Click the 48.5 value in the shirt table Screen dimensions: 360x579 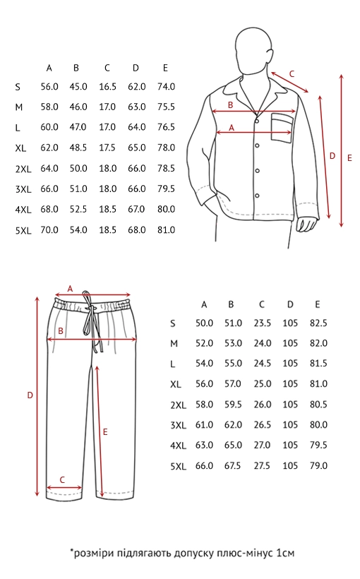(x=78, y=148)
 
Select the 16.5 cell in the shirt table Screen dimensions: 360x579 (x=107, y=86)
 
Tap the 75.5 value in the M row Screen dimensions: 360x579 (x=166, y=107)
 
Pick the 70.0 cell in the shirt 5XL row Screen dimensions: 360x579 (x=49, y=229)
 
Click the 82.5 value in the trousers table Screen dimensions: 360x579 (x=318, y=323)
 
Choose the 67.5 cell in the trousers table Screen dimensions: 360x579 (x=233, y=465)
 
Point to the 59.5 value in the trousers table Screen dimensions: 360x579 (x=233, y=405)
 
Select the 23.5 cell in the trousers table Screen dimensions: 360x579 (x=262, y=323)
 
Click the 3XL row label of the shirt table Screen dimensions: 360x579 (x=23, y=189)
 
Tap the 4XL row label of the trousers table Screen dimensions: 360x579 (x=179, y=446)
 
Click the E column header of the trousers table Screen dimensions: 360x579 (x=318, y=304)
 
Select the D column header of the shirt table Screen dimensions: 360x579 (x=136, y=68)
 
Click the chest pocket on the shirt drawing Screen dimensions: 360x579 (x=282, y=127)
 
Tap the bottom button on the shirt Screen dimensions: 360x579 (x=258, y=196)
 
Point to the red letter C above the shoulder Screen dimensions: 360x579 (x=292, y=74)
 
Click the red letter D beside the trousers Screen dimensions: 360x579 (x=30, y=395)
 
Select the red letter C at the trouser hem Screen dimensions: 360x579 (x=62, y=479)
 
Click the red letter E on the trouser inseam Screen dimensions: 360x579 (x=105, y=431)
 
